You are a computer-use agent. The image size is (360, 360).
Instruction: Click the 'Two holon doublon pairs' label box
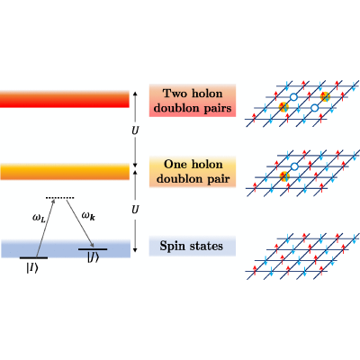pos(193,101)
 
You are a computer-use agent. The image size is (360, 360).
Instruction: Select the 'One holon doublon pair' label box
pos(193,172)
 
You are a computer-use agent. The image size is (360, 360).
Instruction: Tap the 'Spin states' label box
pos(193,246)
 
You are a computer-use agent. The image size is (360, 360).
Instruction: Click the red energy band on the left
pos(65,99)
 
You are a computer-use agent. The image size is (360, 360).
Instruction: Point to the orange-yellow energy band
pos(65,172)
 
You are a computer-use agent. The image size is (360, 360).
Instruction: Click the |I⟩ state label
pos(32,268)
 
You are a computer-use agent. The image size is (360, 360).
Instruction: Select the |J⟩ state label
pos(93,258)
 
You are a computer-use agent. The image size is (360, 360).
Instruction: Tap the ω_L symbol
pos(39,218)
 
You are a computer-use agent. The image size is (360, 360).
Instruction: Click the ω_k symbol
pos(89,216)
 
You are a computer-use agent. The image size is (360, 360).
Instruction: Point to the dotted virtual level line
pos(59,198)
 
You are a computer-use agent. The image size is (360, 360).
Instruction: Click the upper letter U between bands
pos(135,130)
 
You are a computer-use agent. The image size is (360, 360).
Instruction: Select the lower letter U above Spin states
pos(135,210)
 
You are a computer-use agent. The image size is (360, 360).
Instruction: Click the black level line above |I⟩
pos(33,257)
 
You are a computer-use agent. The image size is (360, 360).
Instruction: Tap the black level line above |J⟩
pos(93,249)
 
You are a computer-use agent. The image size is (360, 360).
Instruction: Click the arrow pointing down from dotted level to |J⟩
pos(80,223)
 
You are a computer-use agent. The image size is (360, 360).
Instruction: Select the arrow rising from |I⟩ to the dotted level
pos(45,228)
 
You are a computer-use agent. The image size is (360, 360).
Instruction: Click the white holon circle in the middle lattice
pos(294,166)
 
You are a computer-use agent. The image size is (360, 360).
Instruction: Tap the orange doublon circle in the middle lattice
pos(284,176)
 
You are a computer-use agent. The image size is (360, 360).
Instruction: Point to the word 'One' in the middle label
pos(175,165)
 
